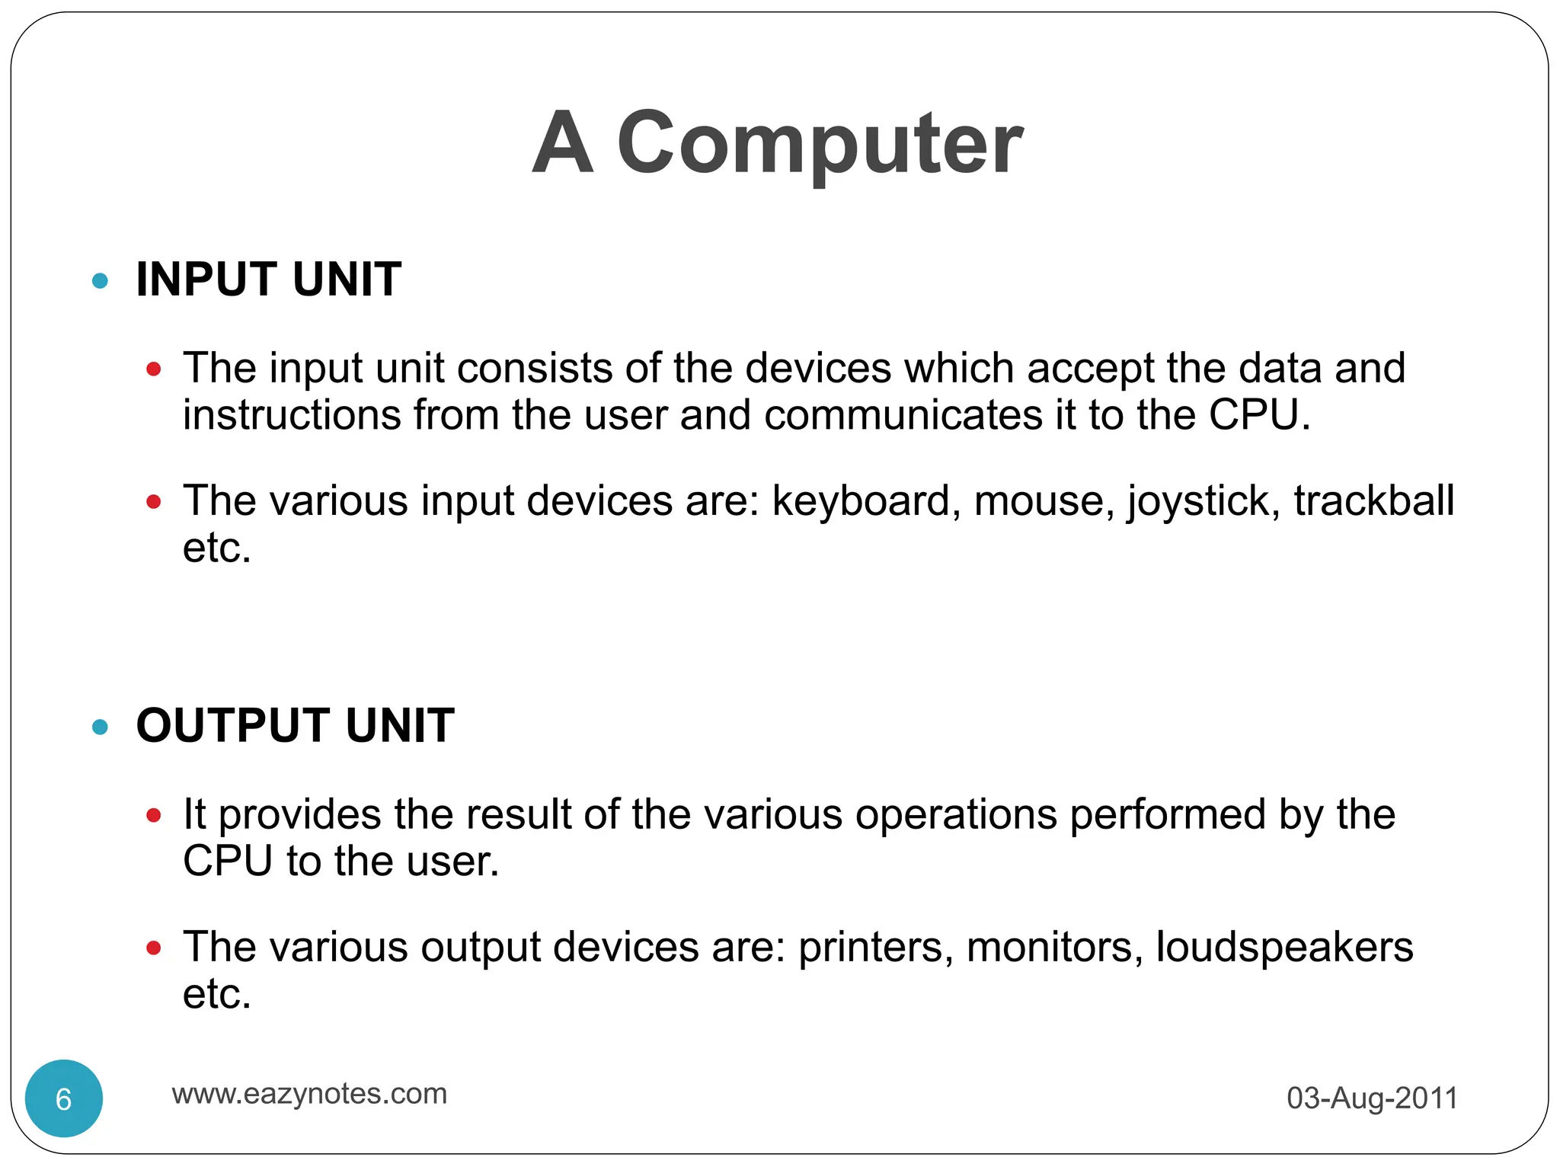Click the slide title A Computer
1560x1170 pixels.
tap(778, 143)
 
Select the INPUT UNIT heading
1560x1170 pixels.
tap(268, 279)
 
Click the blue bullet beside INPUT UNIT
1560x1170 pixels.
tap(100, 281)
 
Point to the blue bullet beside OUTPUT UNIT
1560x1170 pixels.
tap(100, 727)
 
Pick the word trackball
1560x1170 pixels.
tap(1374, 501)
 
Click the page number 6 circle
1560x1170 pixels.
tap(64, 1098)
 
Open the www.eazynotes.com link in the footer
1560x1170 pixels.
tap(309, 1094)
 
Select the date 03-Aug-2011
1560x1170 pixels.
tap(1372, 1098)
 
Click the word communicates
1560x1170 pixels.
tap(903, 416)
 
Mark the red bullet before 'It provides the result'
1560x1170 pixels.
tap(154, 816)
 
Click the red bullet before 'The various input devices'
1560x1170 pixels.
tap(154, 501)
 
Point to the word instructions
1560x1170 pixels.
tap(292, 416)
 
